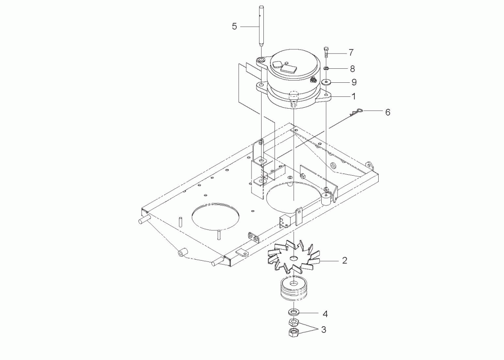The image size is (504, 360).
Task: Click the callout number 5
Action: click(x=234, y=26)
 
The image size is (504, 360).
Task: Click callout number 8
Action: click(x=352, y=69)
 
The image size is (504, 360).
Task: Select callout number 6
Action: click(x=387, y=112)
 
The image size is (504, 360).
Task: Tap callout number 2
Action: click(x=344, y=260)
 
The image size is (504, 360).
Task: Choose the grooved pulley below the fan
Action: click(x=292, y=289)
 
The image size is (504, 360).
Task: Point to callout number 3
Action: click(x=323, y=329)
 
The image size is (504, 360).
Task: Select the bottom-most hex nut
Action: click(x=293, y=333)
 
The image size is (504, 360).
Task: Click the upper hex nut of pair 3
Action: click(x=293, y=323)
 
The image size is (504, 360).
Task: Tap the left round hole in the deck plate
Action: click(x=216, y=214)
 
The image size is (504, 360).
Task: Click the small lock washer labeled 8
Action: click(x=327, y=69)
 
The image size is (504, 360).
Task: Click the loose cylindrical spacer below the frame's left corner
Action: click(x=182, y=254)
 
